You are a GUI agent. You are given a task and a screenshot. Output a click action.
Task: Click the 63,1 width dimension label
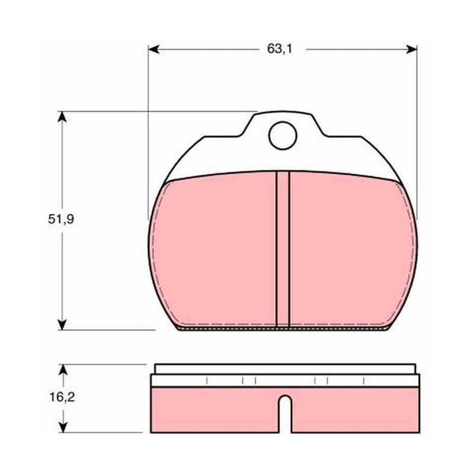point(280,49)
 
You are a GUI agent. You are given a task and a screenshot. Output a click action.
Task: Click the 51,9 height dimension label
point(61,219)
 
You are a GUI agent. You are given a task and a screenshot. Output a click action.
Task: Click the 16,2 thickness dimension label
point(62,397)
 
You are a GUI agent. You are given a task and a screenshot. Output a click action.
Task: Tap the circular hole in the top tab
point(283,136)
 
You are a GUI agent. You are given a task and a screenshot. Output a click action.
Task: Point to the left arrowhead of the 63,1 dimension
point(153,49)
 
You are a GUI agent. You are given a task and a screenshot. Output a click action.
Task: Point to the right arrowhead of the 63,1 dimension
point(411,49)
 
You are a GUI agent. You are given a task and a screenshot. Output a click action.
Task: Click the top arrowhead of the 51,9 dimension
point(62,117)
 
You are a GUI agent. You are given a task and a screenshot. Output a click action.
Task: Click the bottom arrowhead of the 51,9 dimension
point(62,325)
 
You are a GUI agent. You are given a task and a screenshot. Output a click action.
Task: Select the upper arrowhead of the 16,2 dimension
point(63,370)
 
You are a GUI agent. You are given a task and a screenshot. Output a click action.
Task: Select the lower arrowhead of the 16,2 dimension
point(63,427)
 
